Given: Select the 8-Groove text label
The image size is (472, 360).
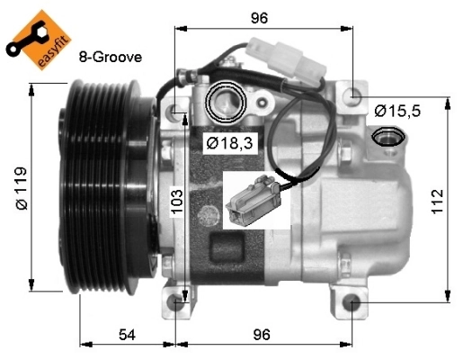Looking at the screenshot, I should pos(111,56).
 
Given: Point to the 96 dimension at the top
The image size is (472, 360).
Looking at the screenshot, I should pos(260,16).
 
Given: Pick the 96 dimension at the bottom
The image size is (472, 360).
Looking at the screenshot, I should pos(262,335).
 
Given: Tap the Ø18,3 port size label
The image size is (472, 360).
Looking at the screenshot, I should pos(222,143).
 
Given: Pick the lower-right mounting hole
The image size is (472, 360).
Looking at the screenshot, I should pos(352,302).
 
